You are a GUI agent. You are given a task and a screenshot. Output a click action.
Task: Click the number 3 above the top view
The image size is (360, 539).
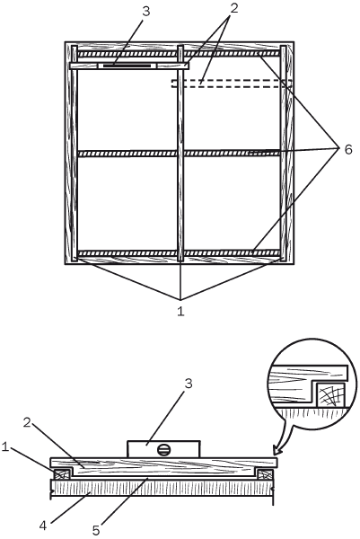tap(145, 12)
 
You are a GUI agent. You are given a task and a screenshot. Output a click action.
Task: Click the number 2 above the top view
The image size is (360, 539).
tap(233, 8)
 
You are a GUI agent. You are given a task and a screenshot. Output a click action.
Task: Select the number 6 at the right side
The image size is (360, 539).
tap(348, 150)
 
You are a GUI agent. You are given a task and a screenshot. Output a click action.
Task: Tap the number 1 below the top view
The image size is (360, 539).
tap(180, 311)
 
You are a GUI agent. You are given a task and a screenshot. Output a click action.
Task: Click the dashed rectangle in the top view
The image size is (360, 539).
tap(232, 84)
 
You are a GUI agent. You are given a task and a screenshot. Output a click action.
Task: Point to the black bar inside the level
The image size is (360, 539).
tap(127, 66)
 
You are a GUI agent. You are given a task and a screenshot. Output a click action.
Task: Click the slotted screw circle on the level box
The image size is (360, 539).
tap(163, 450)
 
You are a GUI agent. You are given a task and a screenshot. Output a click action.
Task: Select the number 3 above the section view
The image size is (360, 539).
tap(189, 384)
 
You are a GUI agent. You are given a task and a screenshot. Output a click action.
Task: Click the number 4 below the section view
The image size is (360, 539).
tap(43, 526)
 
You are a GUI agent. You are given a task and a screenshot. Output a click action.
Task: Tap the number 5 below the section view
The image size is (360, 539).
tap(96, 530)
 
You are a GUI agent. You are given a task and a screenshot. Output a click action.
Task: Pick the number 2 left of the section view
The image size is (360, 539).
tap(27, 423)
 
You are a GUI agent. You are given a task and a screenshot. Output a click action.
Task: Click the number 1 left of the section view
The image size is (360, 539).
tap(4, 447)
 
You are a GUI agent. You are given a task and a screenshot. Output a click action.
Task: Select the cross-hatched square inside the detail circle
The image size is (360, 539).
tap(330, 394)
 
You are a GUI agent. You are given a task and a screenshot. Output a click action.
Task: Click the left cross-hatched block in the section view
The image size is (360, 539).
tap(61, 474)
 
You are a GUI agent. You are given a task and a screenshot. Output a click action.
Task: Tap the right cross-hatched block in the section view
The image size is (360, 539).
tap(265, 474)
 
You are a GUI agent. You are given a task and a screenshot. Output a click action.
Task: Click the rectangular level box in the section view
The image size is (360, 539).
tap(163, 449)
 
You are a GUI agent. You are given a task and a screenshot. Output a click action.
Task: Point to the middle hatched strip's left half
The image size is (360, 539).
tap(127, 154)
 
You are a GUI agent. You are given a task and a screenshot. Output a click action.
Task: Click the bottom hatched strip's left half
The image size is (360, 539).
tap(127, 253)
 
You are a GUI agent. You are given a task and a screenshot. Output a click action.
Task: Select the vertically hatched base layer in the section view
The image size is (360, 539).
tap(162, 488)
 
